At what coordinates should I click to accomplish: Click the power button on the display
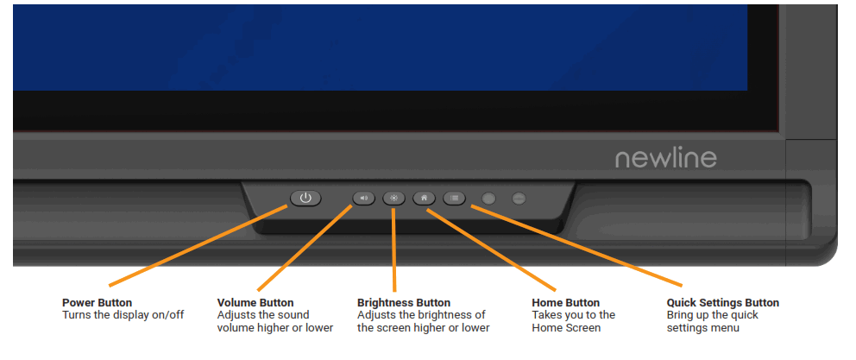[x=305, y=198]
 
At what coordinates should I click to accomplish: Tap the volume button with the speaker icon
[x=364, y=198]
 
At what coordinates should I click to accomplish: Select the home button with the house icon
[x=424, y=198]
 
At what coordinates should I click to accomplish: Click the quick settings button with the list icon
[x=454, y=198]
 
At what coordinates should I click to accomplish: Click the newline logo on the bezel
[x=665, y=158]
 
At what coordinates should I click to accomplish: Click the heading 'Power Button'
[x=97, y=303]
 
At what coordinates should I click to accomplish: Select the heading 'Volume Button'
[x=255, y=303]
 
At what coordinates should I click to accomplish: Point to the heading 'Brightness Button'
[x=404, y=303]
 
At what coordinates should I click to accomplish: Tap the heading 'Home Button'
[x=565, y=303]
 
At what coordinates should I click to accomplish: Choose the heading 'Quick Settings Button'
[x=723, y=303]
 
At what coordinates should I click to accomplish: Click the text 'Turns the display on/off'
[x=123, y=315]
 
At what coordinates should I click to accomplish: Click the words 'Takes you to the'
[x=573, y=315]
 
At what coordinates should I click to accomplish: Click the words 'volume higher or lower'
[x=275, y=327]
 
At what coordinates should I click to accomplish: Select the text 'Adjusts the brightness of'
[x=421, y=315]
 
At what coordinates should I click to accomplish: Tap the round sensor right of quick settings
[x=489, y=199]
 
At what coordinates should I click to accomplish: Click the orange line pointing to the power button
[x=198, y=246]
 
